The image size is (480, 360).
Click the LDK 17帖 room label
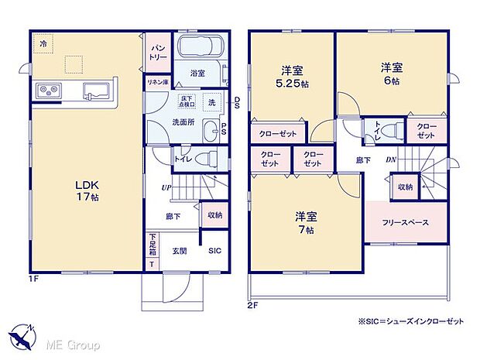tap(86, 190)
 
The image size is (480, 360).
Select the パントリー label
tap(155, 52)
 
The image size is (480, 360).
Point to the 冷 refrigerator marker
tap(44, 44)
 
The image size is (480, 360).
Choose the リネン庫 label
tap(158, 81)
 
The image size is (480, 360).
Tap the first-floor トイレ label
tap(183, 159)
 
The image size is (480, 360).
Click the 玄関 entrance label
tap(180, 250)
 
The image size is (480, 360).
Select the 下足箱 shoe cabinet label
tap(153, 245)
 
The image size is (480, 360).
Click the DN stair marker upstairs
tap(392, 159)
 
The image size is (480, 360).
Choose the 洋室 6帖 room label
tap(389, 73)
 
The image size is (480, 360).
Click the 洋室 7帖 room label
tap(304, 222)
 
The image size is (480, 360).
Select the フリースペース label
tap(405, 222)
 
